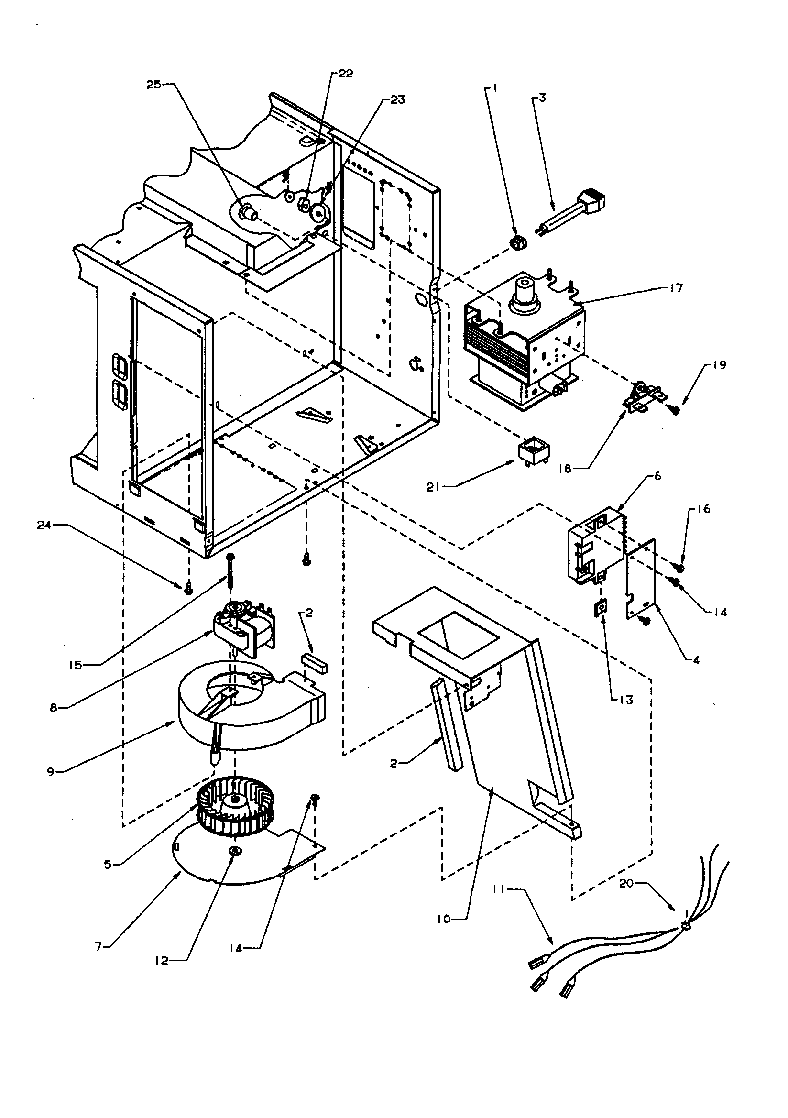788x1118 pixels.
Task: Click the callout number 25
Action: (153, 84)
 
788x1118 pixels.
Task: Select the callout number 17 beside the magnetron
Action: (677, 288)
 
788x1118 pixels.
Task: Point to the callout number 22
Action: (345, 74)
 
